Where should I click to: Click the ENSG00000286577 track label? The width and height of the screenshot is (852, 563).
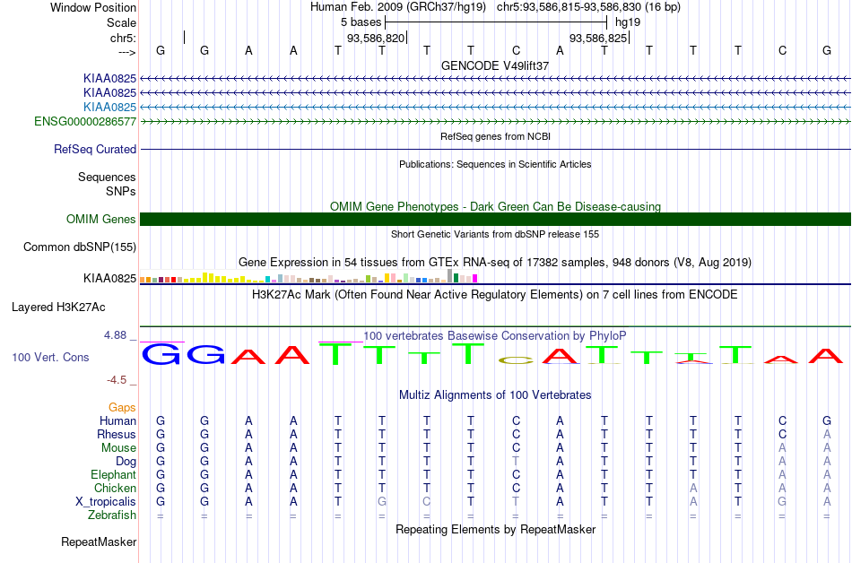pos(85,121)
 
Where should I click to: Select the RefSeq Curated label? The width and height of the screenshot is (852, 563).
pos(95,150)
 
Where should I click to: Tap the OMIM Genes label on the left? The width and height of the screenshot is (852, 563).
pos(101,219)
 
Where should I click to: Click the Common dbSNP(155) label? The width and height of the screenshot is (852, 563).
pos(80,247)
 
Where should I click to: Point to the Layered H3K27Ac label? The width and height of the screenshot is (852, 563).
pos(58,307)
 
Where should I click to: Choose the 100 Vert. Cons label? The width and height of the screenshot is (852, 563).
pos(50,357)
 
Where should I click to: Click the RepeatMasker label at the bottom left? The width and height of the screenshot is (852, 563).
pos(99,541)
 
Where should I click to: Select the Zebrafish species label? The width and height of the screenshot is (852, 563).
pos(112,515)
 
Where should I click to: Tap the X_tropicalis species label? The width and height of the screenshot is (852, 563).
pos(106,502)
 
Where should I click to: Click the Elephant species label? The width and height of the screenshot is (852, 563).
pos(113,474)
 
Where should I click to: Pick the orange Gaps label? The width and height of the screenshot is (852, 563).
pos(122,407)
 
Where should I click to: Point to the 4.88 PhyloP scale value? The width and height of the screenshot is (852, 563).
pos(115,335)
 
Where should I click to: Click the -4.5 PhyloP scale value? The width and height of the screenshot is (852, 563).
pos(117,380)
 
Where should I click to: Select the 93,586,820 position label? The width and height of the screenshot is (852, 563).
pos(376,38)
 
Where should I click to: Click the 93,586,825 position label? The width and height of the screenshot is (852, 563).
pos(598,38)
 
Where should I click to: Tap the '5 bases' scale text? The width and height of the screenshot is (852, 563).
pos(361,22)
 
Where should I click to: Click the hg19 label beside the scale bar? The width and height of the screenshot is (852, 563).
pos(628,22)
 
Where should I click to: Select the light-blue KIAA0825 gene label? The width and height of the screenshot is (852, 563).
pos(109,107)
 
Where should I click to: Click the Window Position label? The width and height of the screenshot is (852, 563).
pos(93,7)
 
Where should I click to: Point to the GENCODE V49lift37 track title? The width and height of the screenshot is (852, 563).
pos(495,65)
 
